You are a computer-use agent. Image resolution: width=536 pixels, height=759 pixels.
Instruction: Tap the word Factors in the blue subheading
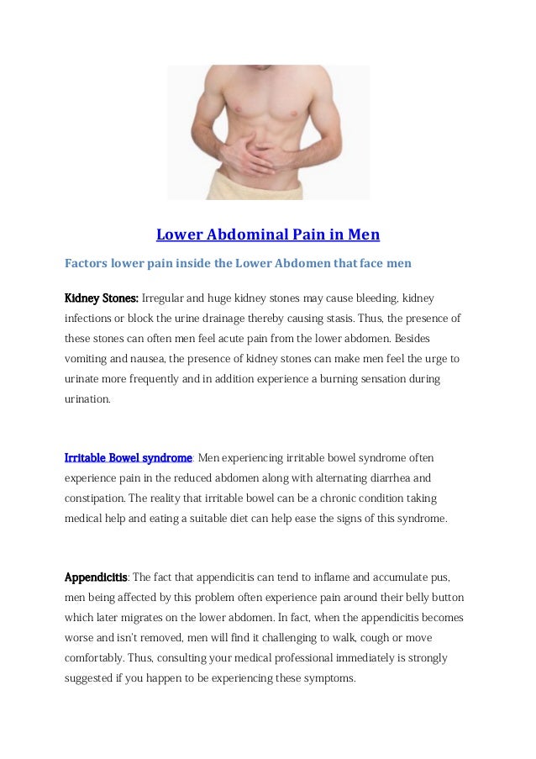[x=87, y=263]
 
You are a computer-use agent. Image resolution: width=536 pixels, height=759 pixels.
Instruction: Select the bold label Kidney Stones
[x=102, y=298]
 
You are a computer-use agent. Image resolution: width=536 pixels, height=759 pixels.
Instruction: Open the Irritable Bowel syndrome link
[x=129, y=457]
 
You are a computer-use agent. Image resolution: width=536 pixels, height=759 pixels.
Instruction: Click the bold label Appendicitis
[x=97, y=577]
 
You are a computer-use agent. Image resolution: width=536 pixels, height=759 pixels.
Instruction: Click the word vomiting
[x=88, y=359]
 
